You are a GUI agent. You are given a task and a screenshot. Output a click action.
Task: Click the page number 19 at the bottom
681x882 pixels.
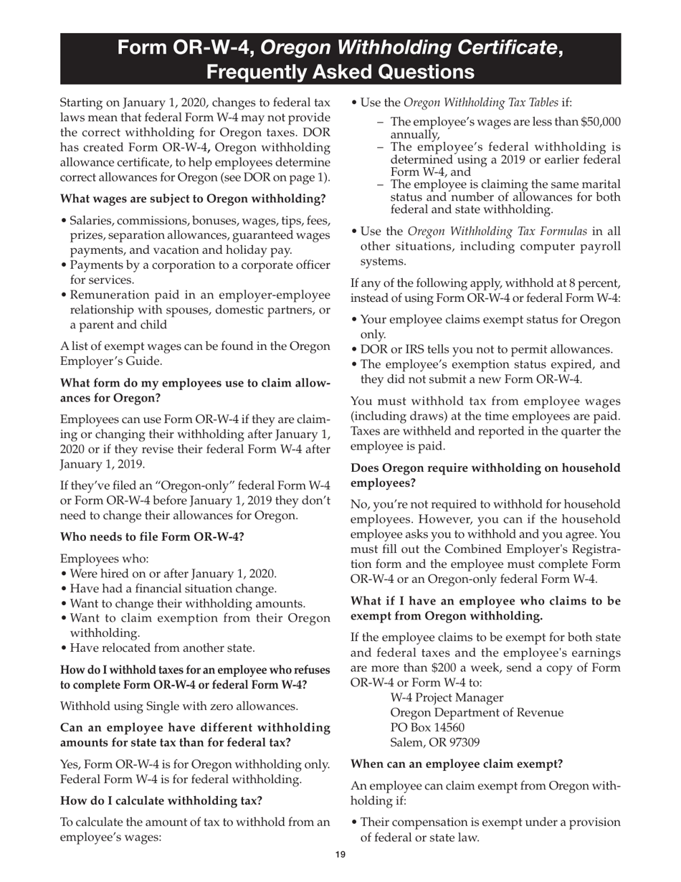[340, 854]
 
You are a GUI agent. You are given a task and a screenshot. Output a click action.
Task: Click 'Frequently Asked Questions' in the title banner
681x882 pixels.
[340, 72]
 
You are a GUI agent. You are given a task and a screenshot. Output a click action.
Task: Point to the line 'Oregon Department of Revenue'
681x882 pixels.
[476, 713]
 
